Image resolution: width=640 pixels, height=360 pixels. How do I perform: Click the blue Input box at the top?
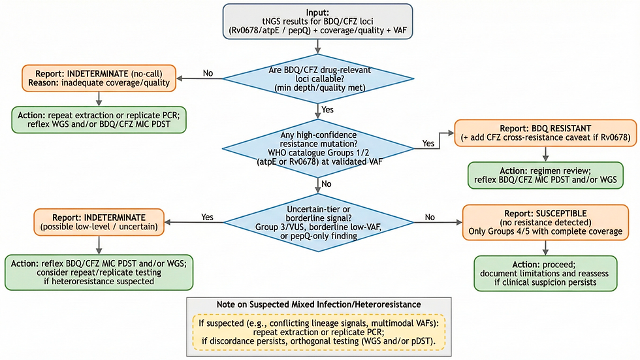point(317,22)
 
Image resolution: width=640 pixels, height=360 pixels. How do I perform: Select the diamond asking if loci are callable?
point(317,80)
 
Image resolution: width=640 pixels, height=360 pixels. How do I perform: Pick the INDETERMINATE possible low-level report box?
point(100,222)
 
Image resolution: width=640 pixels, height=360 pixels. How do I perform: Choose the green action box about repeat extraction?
point(99,118)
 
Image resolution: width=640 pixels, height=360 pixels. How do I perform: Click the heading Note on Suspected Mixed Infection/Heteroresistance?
point(317,305)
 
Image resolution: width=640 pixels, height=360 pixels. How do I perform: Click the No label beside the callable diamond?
point(208,73)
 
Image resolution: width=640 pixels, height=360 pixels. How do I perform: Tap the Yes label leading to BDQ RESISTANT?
point(429,142)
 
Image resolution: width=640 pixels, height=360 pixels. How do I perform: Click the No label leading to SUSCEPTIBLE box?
point(430,216)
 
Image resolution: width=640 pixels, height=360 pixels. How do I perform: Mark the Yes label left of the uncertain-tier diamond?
point(208,216)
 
